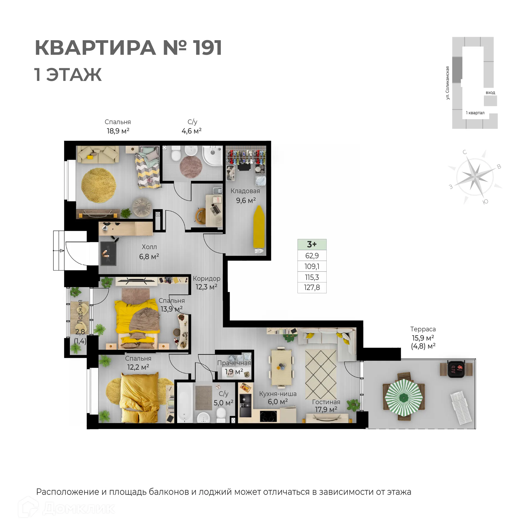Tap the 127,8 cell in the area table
pos(312,288)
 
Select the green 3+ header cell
pos(312,244)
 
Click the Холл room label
pos(149,247)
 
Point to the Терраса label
pos(423,329)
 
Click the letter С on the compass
pos(465,152)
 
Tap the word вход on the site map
pos(490,93)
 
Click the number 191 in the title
pos(207,48)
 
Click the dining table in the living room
pos(281,367)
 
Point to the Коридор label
pos(206,278)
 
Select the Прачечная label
pos(234,363)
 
